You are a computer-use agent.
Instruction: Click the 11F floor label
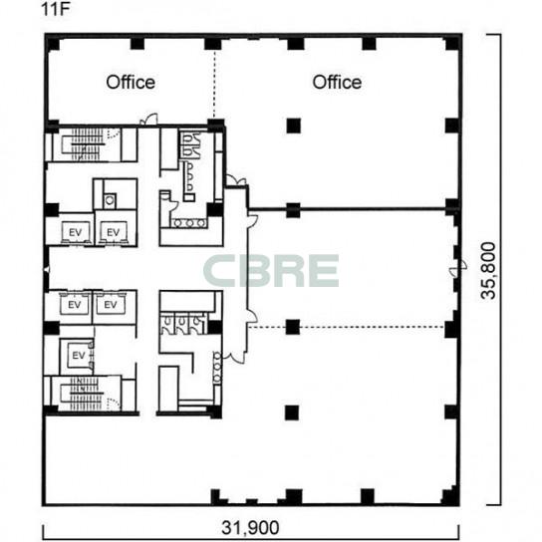pyautogui.click(x=56, y=9)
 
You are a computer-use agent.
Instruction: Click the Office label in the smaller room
pyautogui.click(x=131, y=83)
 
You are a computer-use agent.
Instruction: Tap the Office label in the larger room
pyautogui.click(x=337, y=83)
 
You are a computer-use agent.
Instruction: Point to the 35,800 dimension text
pyautogui.click(x=488, y=271)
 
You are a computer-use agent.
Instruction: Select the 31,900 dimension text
pyautogui.click(x=250, y=527)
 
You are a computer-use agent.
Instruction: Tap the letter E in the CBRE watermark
pyautogui.click(x=322, y=271)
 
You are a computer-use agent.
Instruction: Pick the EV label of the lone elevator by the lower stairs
pyautogui.click(x=79, y=356)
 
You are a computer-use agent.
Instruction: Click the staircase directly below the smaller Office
pyautogui.click(x=83, y=144)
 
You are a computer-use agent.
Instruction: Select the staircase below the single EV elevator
pyautogui.click(x=83, y=394)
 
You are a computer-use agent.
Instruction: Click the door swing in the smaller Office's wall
pyautogui.click(x=148, y=120)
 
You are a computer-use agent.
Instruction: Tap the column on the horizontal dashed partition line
pyautogui.click(x=293, y=327)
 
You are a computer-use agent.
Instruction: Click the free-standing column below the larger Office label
pyautogui.click(x=294, y=126)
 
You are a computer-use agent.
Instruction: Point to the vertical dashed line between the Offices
pyautogui.click(x=214, y=85)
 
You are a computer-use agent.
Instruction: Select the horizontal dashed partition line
pyautogui.click(x=347, y=327)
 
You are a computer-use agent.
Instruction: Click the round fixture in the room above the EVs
pyautogui.click(x=110, y=200)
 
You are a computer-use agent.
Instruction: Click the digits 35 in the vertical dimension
pyautogui.click(x=488, y=291)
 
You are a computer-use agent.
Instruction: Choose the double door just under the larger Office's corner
pyautogui.click(x=236, y=180)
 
